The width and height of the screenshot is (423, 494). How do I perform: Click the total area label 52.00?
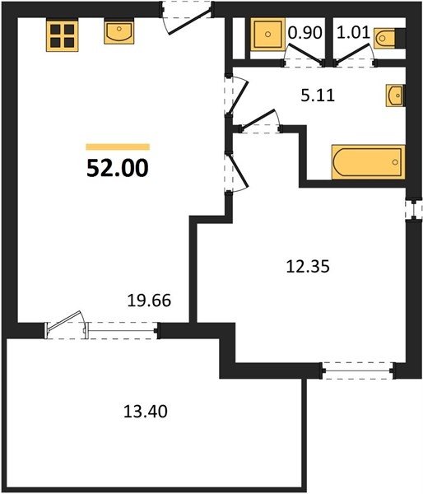[118, 168]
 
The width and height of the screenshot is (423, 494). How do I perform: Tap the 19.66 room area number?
[149, 301]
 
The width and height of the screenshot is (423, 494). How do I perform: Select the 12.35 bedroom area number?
[308, 267]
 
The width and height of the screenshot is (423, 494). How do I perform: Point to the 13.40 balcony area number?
[145, 412]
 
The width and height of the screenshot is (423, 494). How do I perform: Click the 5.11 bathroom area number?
[318, 96]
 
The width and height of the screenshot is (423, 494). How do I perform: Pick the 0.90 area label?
[305, 33]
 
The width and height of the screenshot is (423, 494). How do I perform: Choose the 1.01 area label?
[353, 33]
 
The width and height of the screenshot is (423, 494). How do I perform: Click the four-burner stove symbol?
[62, 36]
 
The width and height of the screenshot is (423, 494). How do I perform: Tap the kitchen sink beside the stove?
[119, 31]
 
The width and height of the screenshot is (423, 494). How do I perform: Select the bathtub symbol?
[368, 162]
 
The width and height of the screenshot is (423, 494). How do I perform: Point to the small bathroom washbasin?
[395, 96]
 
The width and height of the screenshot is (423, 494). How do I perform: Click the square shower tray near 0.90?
[267, 34]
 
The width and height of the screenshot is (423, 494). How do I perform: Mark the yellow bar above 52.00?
[118, 147]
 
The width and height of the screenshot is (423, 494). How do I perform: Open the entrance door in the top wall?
[187, 17]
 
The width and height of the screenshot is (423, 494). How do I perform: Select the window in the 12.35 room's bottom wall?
[358, 370]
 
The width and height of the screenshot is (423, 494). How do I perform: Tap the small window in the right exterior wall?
[414, 209]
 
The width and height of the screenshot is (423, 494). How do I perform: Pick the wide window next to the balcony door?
[123, 330]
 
